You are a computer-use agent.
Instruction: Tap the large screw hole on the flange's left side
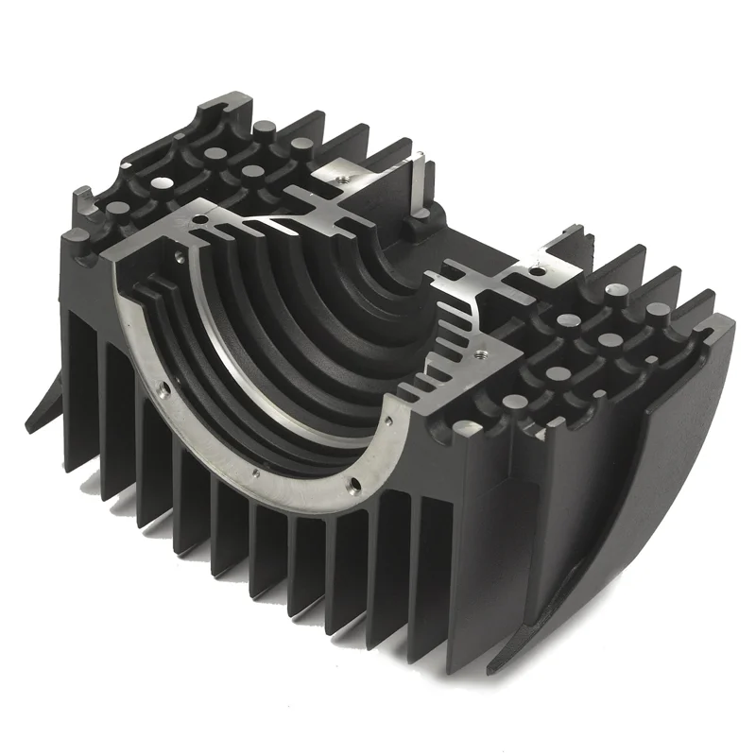165,387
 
